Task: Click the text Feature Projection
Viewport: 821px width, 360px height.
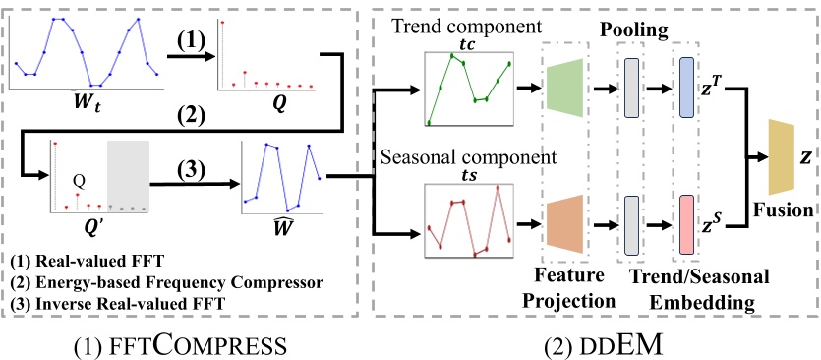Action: point(568,281)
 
